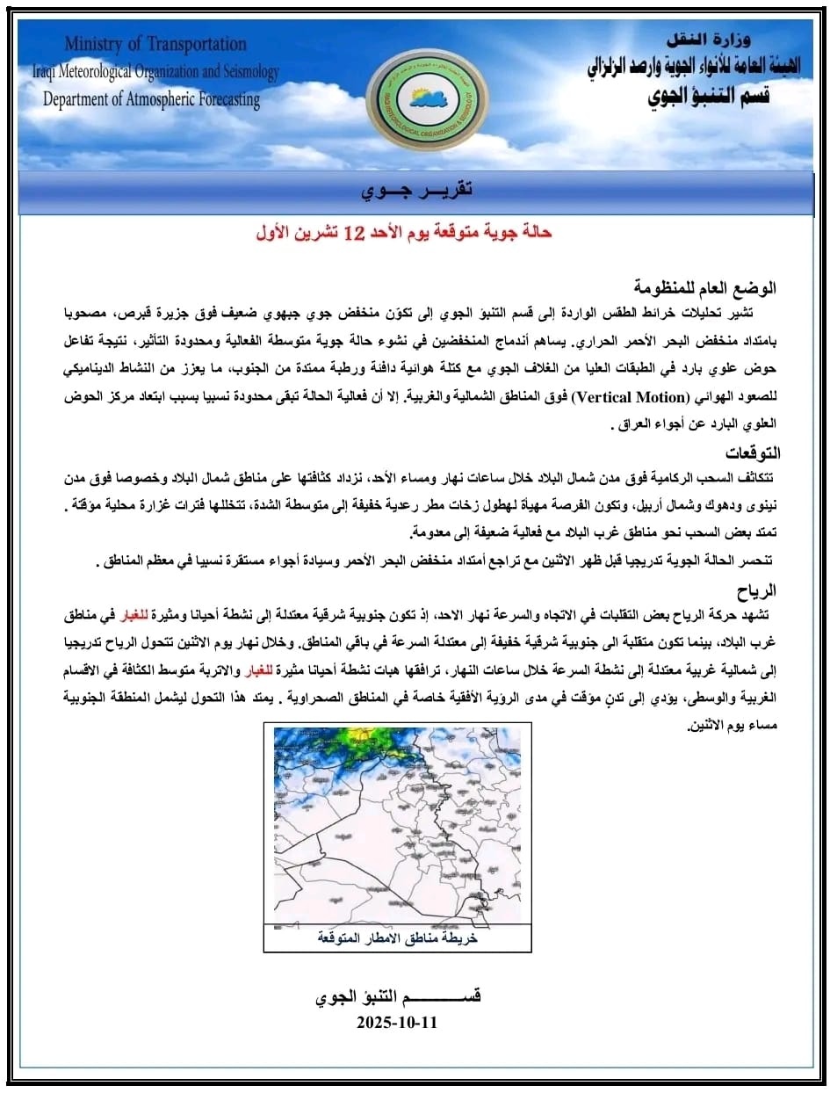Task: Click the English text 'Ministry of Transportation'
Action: pyautogui.click(x=155, y=45)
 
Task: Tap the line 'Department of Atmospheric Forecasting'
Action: pyautogui.click(x=152, y=100)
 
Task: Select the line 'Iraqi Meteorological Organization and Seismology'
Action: pyautogui.click(x=155, y=72)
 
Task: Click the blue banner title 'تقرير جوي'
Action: pyautogui.click(x=417, y=191)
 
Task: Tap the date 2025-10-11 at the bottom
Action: pyautogui.click(x=397, y=1023)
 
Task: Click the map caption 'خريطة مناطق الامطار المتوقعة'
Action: pyautogui.click(x=397, y=938)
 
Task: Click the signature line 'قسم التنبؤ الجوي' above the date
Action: pyautogui.click(x=398, y=997)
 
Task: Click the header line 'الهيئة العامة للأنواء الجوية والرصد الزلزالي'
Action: pyautogui.click(x=694, y=68)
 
